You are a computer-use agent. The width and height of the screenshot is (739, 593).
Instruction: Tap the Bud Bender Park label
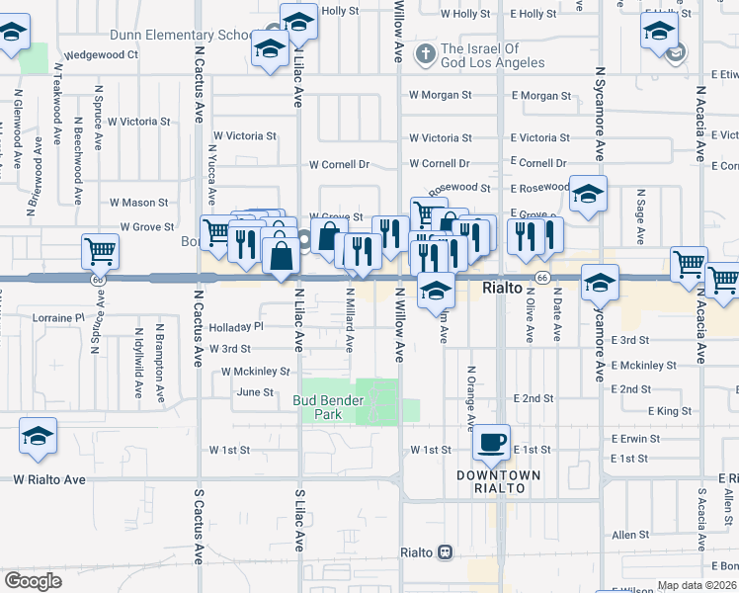point(328,407)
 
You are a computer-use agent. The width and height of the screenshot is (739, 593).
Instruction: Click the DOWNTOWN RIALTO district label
point(498,481)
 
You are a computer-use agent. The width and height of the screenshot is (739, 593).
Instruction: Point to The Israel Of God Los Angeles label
point(492,56)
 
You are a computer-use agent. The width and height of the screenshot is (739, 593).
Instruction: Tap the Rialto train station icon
point(446,551)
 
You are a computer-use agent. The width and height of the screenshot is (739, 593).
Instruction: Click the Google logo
point(32,580)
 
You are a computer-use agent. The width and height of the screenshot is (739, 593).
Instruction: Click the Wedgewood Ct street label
point(101,55)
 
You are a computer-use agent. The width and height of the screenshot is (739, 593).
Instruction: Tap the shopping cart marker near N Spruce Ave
point(101,252)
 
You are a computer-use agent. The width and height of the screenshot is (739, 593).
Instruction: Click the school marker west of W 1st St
point(38,436)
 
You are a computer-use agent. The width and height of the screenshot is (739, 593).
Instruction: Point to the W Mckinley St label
point(255,372)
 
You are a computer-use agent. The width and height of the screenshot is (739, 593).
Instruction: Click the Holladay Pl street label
point(236,326)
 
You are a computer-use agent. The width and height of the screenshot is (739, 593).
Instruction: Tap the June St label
point(254,392)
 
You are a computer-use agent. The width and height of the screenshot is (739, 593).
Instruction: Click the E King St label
point(670,410)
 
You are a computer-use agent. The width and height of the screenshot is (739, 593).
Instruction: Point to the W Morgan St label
point(441,96)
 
